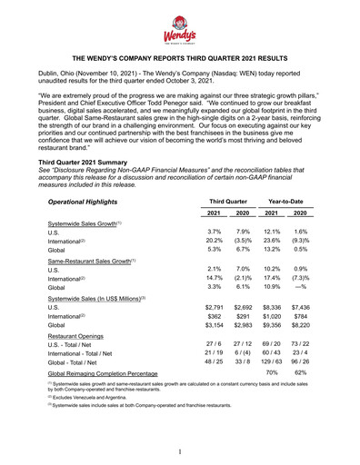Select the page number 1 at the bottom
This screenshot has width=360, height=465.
coord(180,451)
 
